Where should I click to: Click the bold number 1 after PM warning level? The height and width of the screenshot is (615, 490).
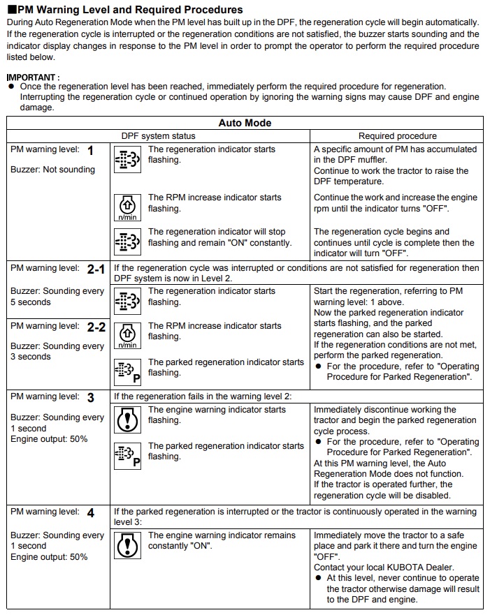(x=90, y=150)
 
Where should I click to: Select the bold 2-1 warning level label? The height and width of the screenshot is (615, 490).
(x=96, y=269)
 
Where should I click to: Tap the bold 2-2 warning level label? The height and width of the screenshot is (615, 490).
(x=96, y=327)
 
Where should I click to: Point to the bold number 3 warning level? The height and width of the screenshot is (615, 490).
(x=91, y=397)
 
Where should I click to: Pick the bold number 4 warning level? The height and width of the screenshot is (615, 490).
(x=91, y=512)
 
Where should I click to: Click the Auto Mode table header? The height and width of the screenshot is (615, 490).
(x=245, y=123)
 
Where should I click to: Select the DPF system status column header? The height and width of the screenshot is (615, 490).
(x=158, y=136)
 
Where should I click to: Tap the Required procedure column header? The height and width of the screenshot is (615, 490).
(x=397, y=136)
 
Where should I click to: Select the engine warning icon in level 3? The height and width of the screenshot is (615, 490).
(x=127, y=418)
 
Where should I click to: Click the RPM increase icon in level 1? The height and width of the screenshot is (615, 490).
(x=127, y=208)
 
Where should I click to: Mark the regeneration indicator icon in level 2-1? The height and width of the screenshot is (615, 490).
(x=127, y=300)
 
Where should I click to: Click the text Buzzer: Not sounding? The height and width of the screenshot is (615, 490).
(x=52, y=170)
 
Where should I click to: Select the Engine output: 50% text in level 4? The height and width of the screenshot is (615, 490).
(x=49, y=557)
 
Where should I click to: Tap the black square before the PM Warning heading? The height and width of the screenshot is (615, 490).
(x=10, y=10)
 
